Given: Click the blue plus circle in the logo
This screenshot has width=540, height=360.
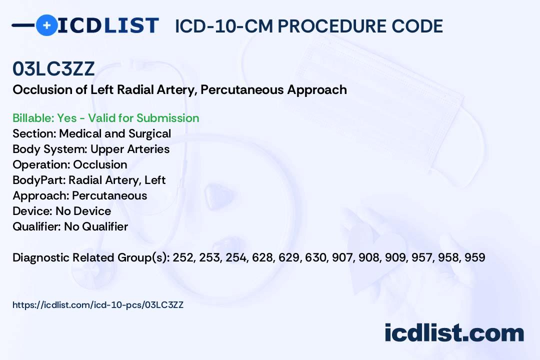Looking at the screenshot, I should (x=46, y=25).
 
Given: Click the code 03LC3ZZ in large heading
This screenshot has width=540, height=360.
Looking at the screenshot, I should (x=53, y=69).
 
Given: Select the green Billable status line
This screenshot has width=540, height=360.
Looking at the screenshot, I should (x=106, y=118).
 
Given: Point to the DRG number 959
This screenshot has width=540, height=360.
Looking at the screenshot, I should (x=474, y=257).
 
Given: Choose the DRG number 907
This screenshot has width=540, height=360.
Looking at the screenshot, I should (x=342, y=257).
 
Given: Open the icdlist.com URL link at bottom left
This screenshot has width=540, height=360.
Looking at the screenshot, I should (x=98, y=304).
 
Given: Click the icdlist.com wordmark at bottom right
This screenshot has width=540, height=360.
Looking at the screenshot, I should (x=454, y=333).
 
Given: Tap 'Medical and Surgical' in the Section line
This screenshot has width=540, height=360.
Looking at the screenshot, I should (x=115, y=133).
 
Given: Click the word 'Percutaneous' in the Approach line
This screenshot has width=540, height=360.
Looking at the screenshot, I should (x=109, y=195).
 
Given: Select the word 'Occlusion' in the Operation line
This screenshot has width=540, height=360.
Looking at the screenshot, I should (x=100, y=164).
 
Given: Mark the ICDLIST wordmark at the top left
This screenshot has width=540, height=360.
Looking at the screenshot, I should (x=108, y=25).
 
